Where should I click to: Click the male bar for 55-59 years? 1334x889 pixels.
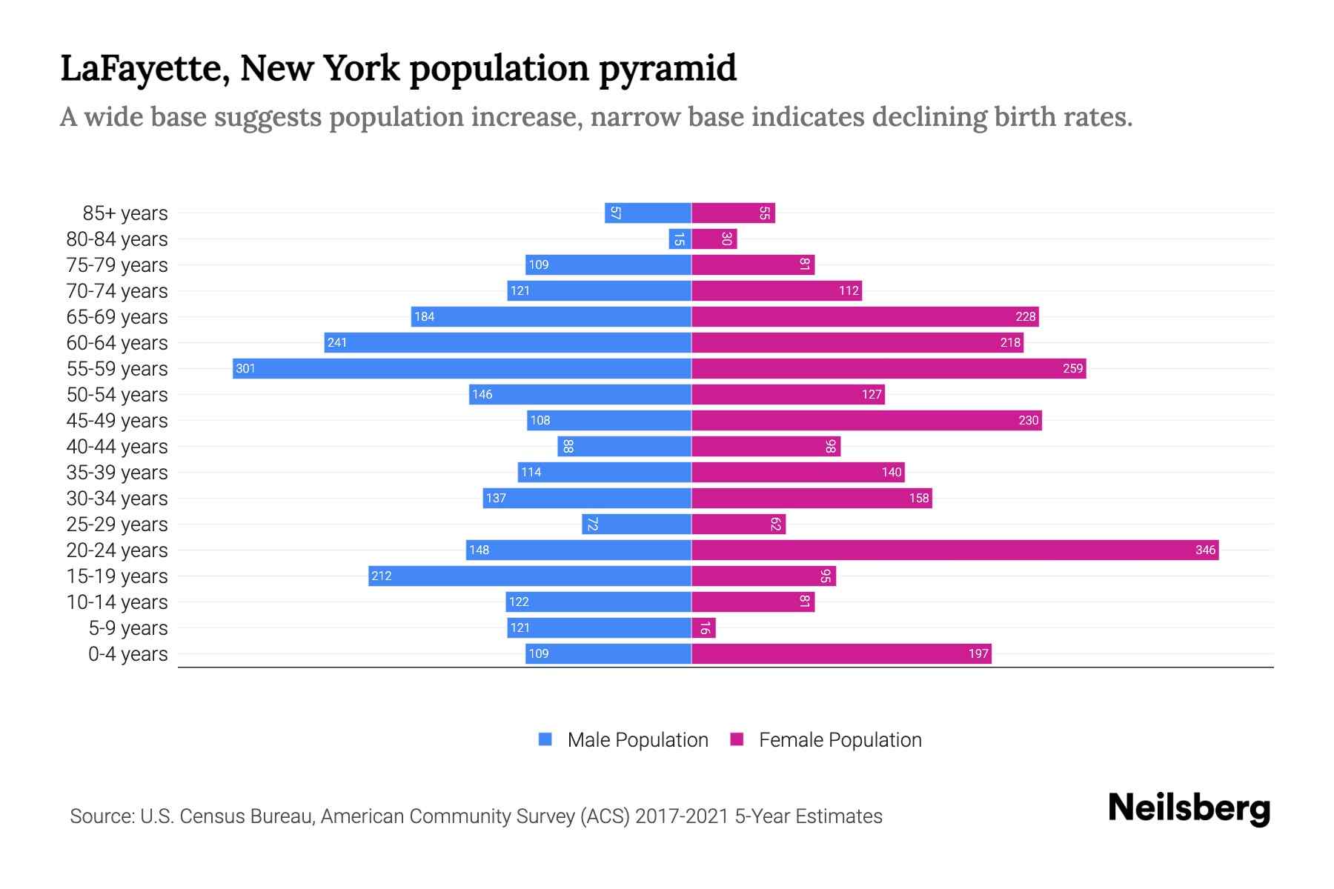[x=462, y=368]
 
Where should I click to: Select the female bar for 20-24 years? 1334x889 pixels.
[x=955, y=550]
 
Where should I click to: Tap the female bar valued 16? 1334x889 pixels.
[x=703, y=628]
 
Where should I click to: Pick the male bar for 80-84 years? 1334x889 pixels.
[x=680, y=239]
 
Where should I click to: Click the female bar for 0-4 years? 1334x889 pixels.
[x=841, y=653]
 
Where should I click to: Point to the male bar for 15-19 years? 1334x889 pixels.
[x=530, y=576]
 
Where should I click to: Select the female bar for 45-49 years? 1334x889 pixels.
[x=866, y=420]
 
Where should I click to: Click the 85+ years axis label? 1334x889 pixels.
[x=125, y=213]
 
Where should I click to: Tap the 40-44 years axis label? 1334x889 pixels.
[x=116, y=447]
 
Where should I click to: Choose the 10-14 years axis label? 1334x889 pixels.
[x=116, y=602]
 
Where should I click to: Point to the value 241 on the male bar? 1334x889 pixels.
[x=337, y=342]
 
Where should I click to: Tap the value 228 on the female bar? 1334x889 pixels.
[x=1025, y=316]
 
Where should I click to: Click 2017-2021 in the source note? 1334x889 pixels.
[x=681, y=816]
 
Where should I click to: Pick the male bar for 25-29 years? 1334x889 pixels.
[x=637, y=524]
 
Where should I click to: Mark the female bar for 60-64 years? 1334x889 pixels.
[x=857, y=342]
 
